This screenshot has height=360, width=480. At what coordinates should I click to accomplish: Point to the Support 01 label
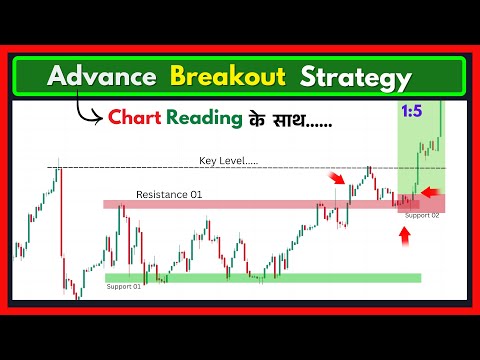click(x=123, y=287)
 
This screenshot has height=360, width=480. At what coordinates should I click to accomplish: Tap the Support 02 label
click(x=422, y=215)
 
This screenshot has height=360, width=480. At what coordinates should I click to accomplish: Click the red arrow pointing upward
click(x=404, y=237)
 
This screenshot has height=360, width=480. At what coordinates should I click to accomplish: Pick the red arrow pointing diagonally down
click(x=339, y=178)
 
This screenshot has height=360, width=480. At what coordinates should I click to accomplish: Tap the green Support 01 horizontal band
click(x=260, y=278)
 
